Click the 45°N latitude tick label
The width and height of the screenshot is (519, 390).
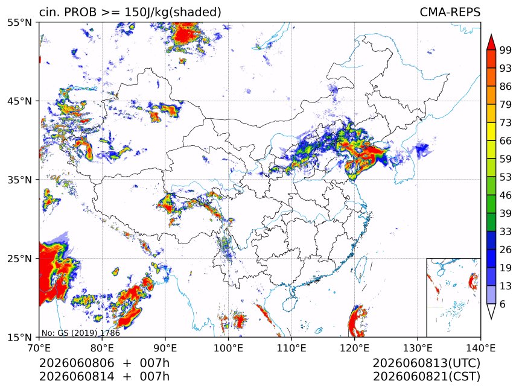click(x=19, y=101)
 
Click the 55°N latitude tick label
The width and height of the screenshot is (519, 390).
click(x=19, y=22)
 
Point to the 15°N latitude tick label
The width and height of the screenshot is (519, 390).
click(x=19, y=337)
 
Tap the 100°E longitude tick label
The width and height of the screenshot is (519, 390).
click(x=228, y=348)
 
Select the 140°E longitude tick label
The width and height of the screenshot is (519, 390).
click(x=480, y=348)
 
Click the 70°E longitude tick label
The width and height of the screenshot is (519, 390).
click(x=39, y=348)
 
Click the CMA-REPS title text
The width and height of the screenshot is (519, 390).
click(x=450, y=12)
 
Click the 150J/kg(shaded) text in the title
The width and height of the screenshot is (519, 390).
click(x=173, y=13)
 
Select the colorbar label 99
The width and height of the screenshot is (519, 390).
click(x=506, y=50)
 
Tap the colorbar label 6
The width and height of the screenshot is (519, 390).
click(x=503, y=304)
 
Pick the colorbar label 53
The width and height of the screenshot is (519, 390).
click(x=506, y=177)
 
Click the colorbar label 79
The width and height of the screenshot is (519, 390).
click(x=506, y=104)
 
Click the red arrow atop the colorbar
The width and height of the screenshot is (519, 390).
click(x=491, y=42)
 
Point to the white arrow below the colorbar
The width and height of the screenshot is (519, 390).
click(x=491, y=310)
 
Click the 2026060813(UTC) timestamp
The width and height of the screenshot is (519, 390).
click(x=426, y=363)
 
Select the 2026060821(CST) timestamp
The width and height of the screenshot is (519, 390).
click(x=426, y=377)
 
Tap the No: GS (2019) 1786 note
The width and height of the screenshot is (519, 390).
click(x=81, y=333)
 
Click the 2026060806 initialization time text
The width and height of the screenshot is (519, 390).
click(x=77, y=363)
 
